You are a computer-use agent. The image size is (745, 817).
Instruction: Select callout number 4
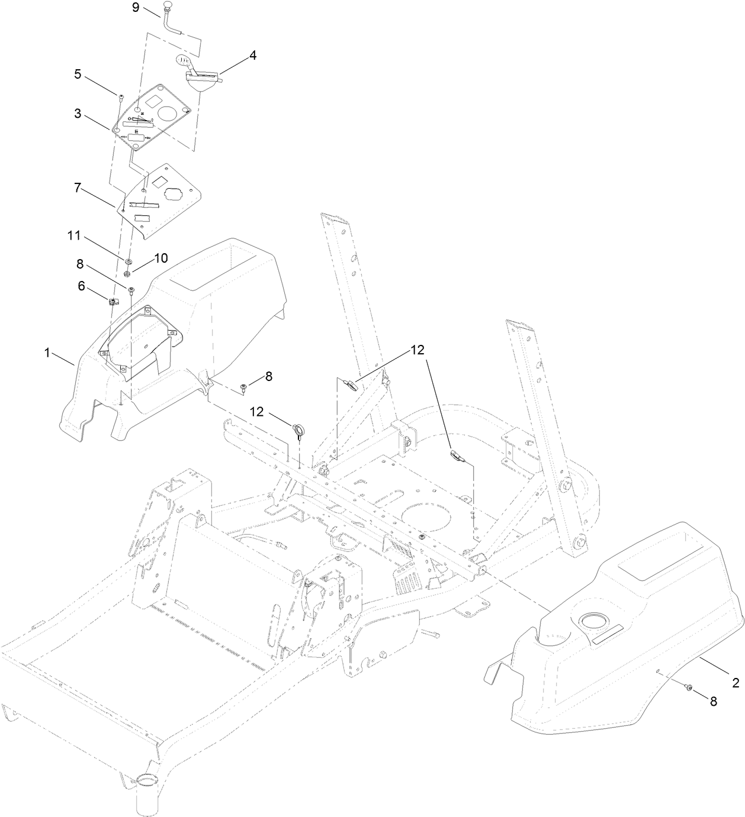(x=253, y=56)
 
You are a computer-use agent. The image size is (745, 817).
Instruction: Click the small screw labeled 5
(x=121, y=96)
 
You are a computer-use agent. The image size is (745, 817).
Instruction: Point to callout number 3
(x=78, y=114)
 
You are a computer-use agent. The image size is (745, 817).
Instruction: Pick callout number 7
(x=78, y=188)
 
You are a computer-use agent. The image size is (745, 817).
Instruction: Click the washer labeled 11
(x=128, y=260)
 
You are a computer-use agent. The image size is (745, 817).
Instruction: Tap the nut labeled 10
(x=127, y=273)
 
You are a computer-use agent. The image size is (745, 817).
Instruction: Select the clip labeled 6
(x=113, y=302)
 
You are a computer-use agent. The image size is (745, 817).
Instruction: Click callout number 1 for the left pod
(x=47, y=353)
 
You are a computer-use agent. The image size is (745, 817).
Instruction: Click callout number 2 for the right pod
(x=736, y=683)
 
